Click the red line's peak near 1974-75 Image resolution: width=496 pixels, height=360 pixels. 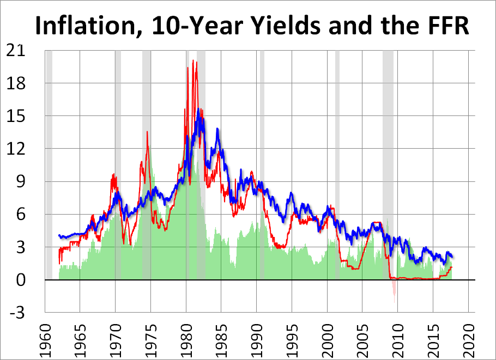(x=147, y=132)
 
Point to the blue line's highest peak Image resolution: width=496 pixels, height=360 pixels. (x=198, y=109)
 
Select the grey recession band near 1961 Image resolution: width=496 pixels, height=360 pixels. (x=49, y=163)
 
